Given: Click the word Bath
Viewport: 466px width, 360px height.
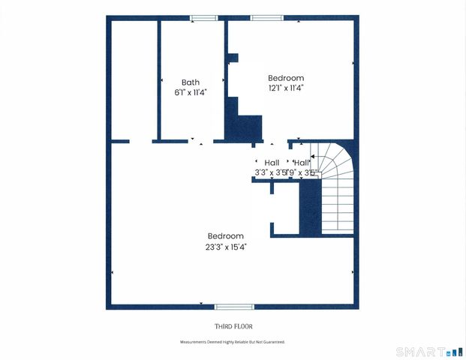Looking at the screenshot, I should click(x=190, y=82).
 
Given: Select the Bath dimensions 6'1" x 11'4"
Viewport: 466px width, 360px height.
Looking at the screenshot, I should click(x=190, y=92).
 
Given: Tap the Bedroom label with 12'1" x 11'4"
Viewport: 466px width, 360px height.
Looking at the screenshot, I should click(x=286, y=78).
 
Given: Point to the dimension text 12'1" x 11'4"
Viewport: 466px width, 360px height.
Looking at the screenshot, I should click(x=286, y=88).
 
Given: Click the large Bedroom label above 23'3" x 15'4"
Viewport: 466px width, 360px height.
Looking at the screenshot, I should click(x=226, y=236).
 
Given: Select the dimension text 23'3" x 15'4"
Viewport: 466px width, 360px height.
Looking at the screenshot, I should click(x=226, y=246).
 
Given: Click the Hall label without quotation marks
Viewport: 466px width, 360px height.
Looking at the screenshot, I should click(x=272, y=163).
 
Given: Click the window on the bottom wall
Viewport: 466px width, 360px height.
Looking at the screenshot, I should click(x=234, y=306).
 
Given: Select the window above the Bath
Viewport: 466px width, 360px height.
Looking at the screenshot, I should click(x=203, y=18).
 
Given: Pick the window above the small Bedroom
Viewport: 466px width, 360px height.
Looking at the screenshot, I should click(x=263, y=18).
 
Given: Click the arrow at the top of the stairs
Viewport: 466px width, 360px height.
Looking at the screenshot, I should click(x=313, y=158).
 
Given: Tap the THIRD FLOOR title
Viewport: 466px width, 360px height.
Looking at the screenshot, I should click(x=233, y=326).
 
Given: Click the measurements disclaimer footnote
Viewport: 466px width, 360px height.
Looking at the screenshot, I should click(x=233, y=342).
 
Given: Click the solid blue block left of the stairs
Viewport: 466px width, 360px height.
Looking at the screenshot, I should click(x=310, y=206).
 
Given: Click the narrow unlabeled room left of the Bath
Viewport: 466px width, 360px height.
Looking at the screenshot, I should click(x=134, y=79).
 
